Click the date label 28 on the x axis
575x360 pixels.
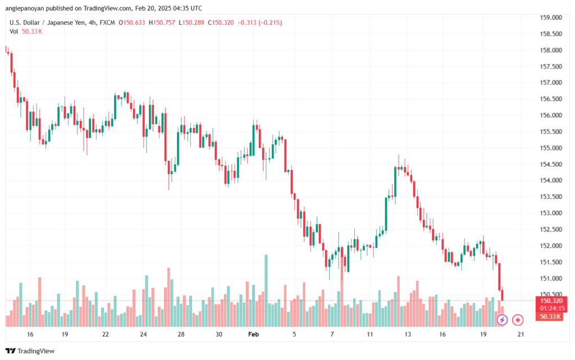pyautogui.click(x=181, y=334)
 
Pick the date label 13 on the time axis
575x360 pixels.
pyautogui.click(x=407, y=334)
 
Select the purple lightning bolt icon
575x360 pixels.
pyautogui.click(x=502, y=320)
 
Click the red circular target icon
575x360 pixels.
pyautogui.click(x=518, y=320)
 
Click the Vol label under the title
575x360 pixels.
pyautogui.click(x=14, y=31)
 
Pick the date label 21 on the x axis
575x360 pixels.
pyautogui.click(x=521, y=334)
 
